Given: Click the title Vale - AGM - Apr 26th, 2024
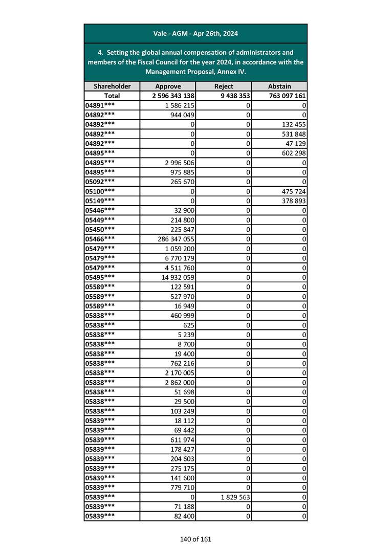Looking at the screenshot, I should coord(195,34).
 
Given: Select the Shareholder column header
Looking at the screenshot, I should coord(112,86).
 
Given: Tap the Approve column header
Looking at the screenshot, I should coord(168,86).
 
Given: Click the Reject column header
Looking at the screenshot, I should coord(224,86).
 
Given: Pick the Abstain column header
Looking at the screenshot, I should coord(279,86).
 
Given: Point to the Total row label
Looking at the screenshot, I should coord(112,96).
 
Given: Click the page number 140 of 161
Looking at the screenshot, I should coord(195,539).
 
